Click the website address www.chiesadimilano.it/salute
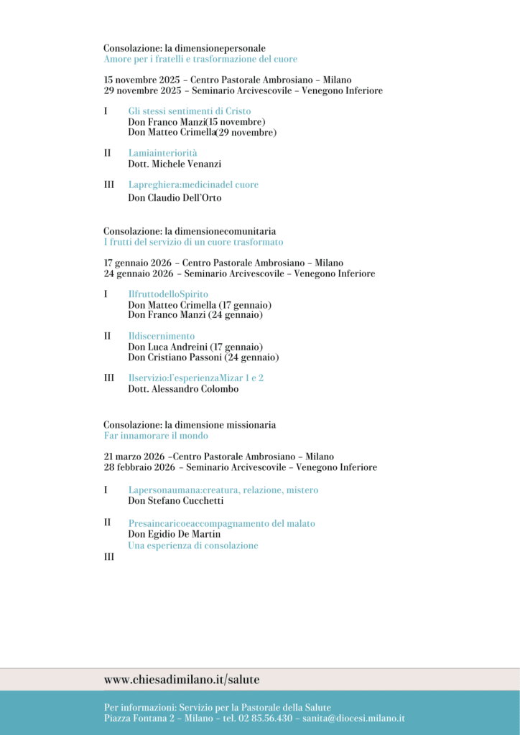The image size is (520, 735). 181,679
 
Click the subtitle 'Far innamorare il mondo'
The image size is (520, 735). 156,436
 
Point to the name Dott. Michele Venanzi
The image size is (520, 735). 175,164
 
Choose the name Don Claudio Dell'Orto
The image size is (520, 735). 175,197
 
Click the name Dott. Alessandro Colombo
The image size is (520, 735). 183,388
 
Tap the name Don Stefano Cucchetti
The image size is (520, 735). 176,500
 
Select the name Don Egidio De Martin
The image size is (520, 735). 174,534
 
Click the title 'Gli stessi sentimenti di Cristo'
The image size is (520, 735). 190,111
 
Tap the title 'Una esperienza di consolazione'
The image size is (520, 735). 192,546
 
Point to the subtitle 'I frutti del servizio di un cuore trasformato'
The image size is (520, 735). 193,242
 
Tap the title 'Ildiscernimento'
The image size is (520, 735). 161,336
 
